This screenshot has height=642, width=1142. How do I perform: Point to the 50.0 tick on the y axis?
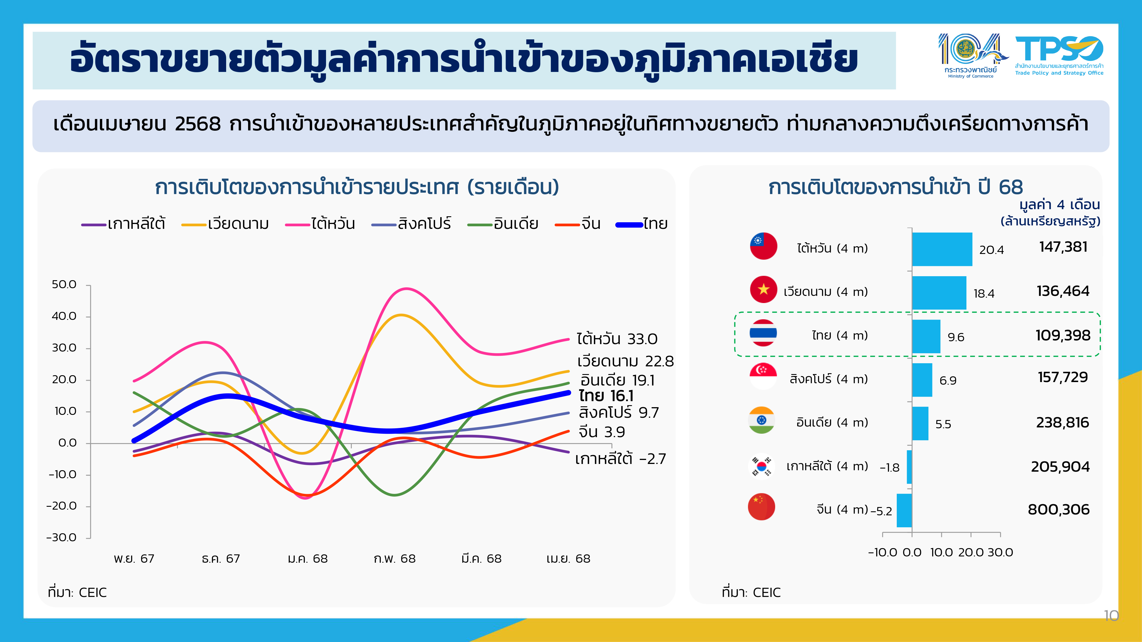point(64,284)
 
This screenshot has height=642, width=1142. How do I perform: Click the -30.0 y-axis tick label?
point(62,538)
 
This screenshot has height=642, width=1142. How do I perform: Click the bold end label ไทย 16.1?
point(606,396)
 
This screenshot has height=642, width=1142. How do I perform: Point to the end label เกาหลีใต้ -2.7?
point(620,459)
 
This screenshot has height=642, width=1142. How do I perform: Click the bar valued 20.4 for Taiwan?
point(942,249)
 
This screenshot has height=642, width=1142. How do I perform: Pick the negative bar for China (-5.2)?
point(904,510)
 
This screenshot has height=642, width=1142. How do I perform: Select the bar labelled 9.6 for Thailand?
point(926,336)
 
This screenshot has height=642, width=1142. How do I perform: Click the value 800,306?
point(1058,510)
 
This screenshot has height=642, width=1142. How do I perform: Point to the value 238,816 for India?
point(1062,423)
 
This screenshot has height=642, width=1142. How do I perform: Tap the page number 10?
point(1111,615)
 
